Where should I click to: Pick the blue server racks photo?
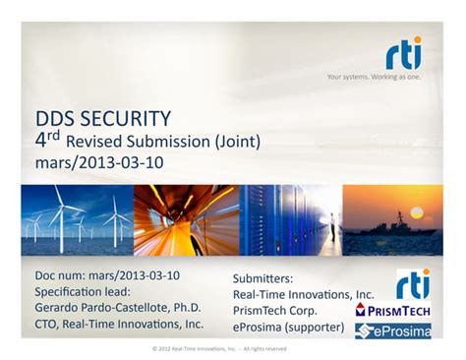(289, 220)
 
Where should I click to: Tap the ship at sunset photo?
(392, 220)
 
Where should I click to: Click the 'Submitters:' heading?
(262, 278)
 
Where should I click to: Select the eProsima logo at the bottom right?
(392, 330)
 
